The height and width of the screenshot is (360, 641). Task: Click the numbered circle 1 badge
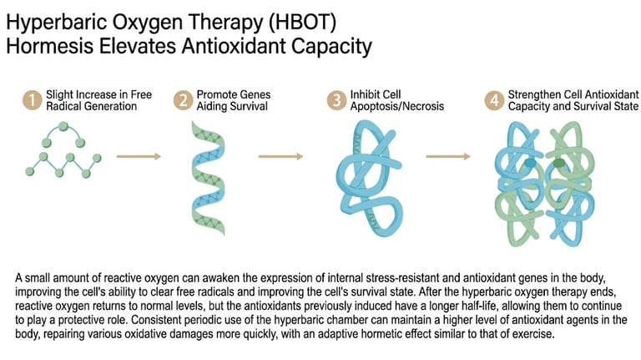[x=32, y=101]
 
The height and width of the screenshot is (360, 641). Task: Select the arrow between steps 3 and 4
[x=447, y=155]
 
